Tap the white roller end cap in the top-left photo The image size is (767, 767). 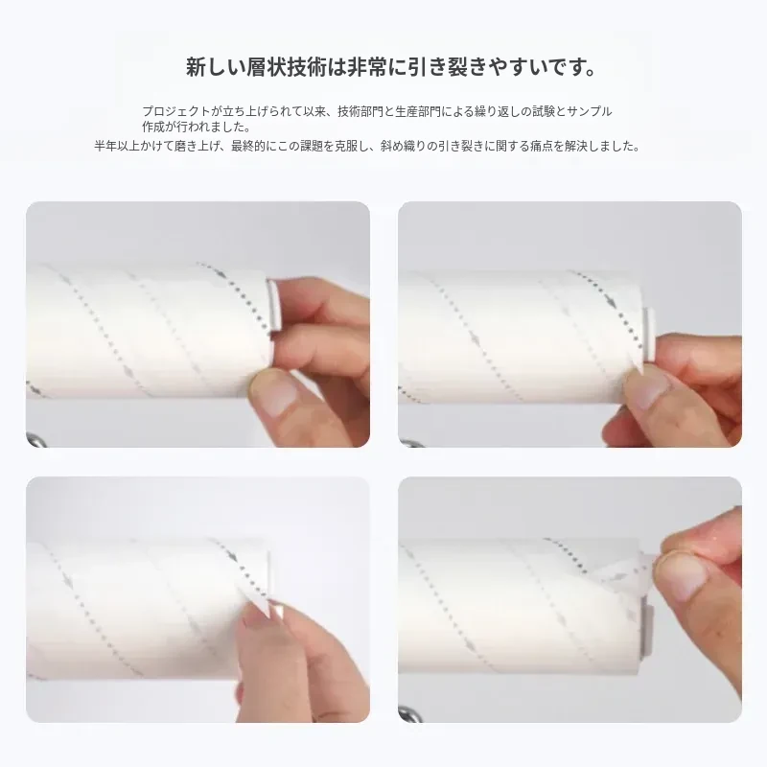(271, 304)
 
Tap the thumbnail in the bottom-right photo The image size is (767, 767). (679, 573)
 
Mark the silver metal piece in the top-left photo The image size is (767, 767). (35, 439)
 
